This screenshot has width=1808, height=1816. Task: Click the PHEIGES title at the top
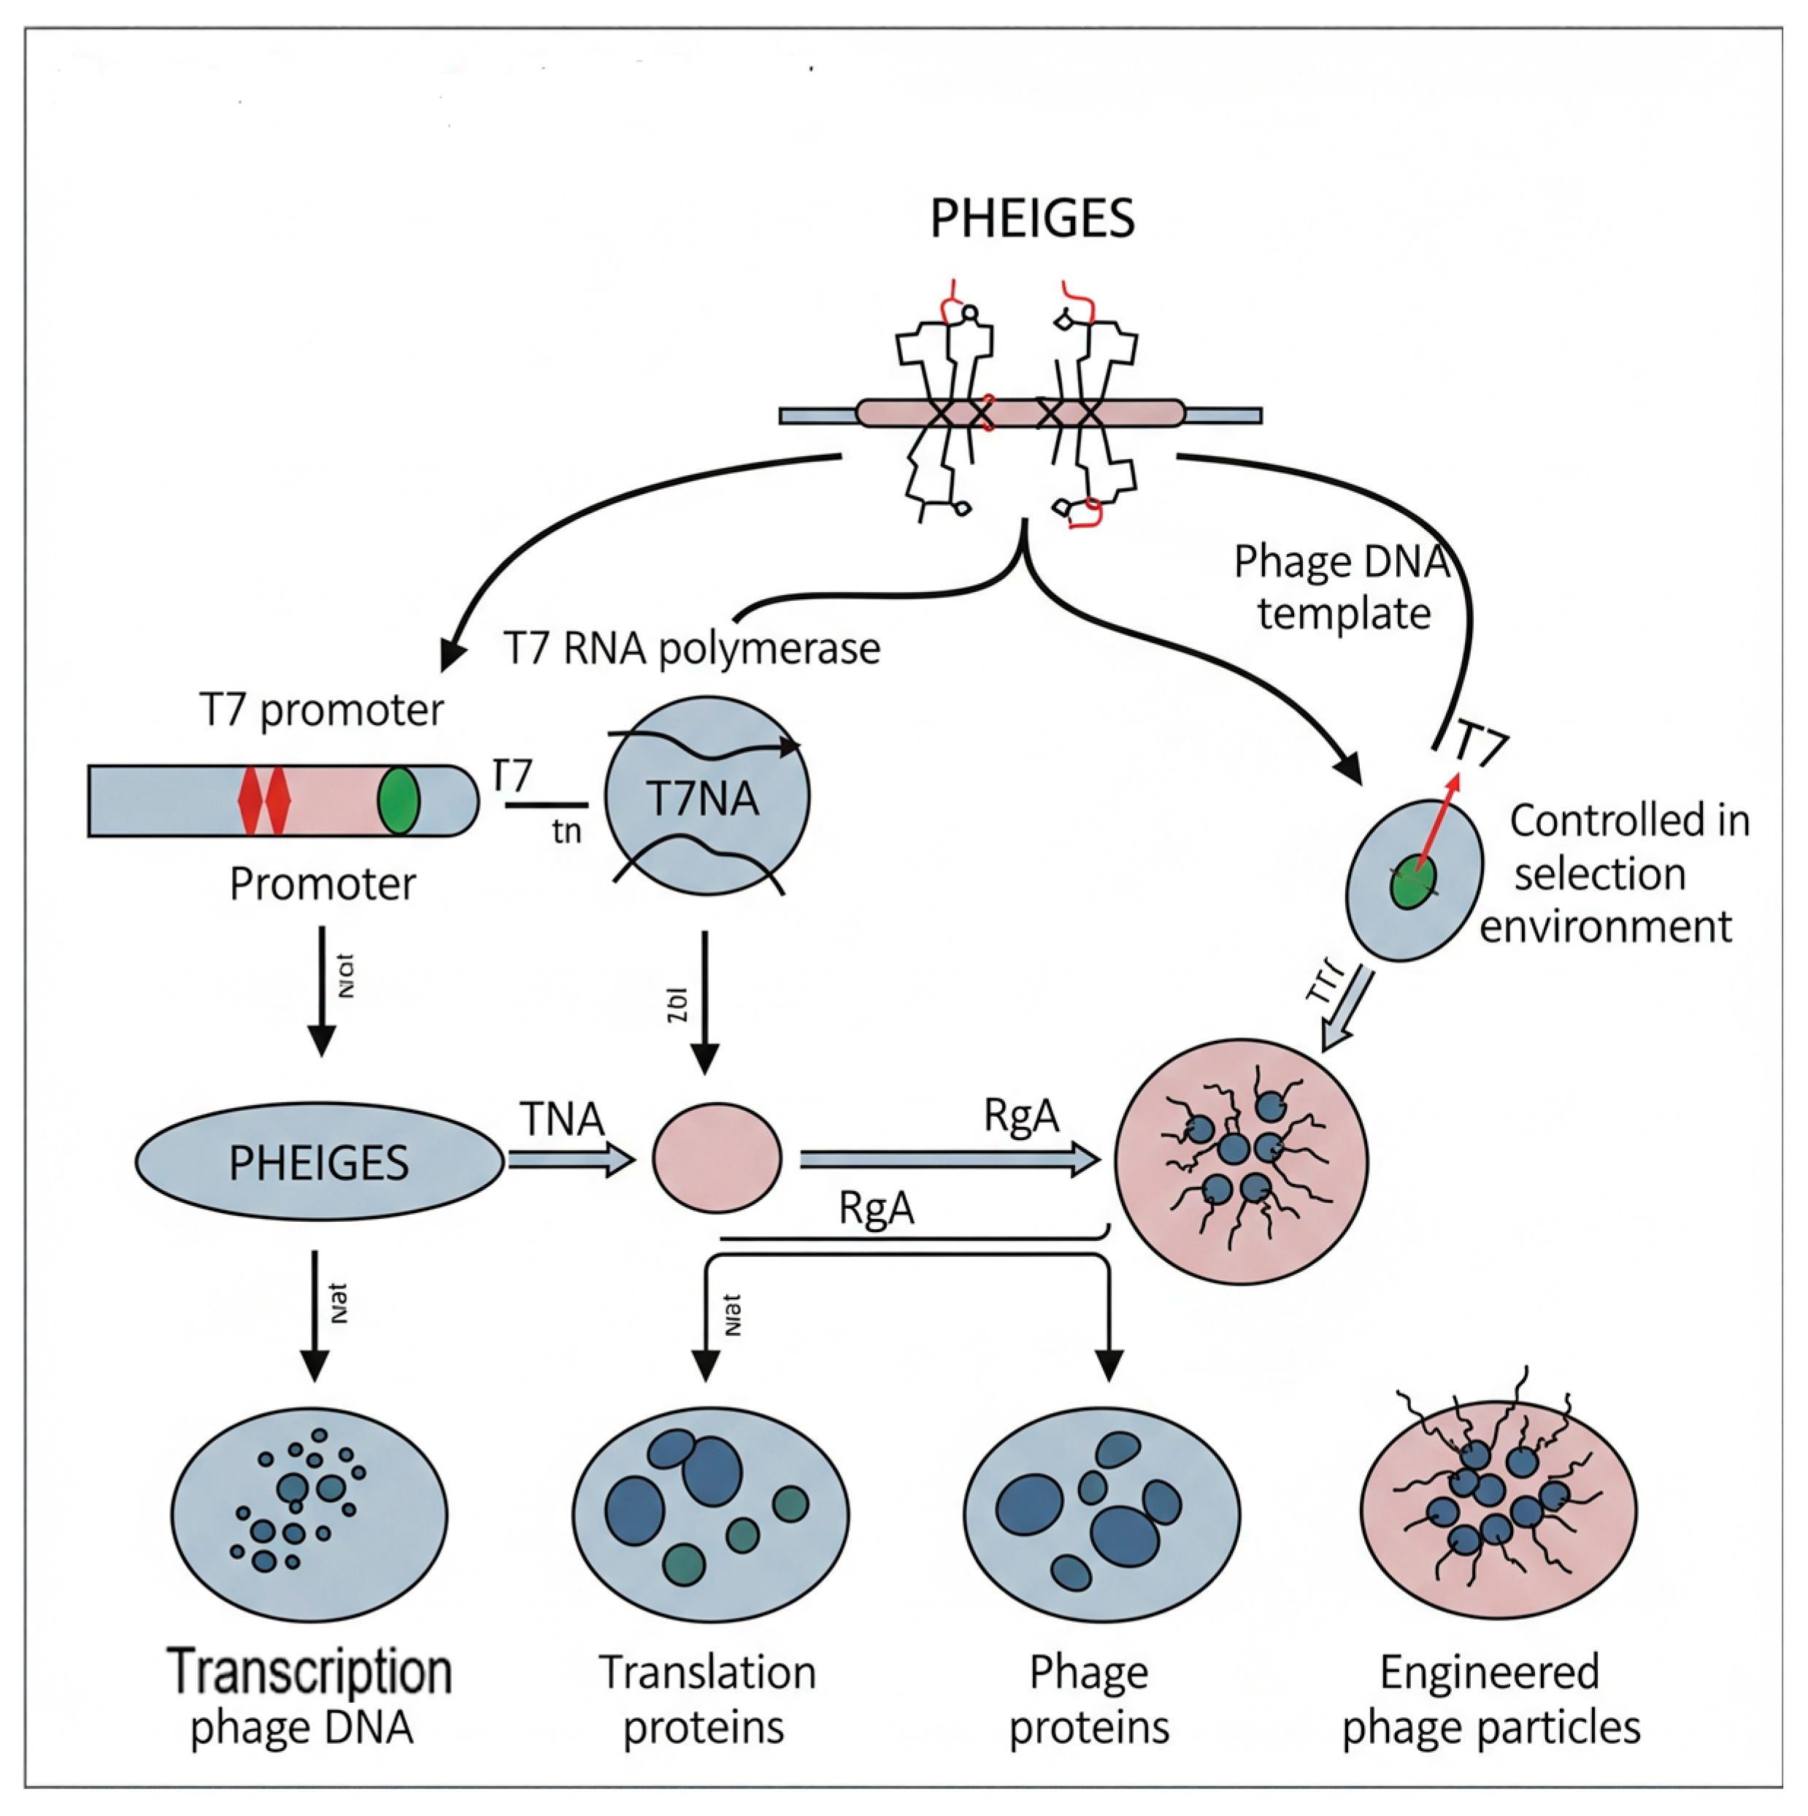1031,218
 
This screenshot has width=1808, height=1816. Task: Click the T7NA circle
706,796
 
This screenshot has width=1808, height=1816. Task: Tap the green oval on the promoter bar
399,800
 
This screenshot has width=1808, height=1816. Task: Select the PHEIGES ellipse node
319,1162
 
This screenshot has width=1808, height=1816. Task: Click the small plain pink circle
717,1158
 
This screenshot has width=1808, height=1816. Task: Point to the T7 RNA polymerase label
691,649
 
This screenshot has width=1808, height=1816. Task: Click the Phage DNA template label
1342,588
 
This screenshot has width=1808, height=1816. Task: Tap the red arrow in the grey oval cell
1436,822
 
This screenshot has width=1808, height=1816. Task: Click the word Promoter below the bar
322,884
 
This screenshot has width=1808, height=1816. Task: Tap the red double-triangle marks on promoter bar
264,800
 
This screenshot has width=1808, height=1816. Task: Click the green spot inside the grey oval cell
1412,882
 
